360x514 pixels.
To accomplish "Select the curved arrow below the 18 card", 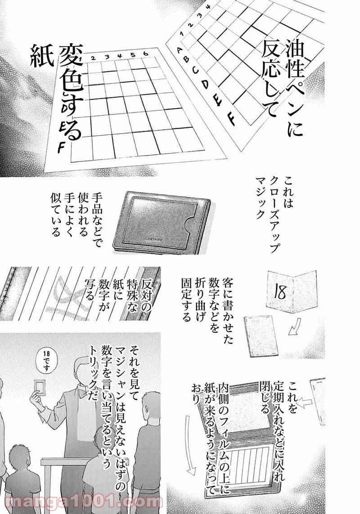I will [x=295, y=331].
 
